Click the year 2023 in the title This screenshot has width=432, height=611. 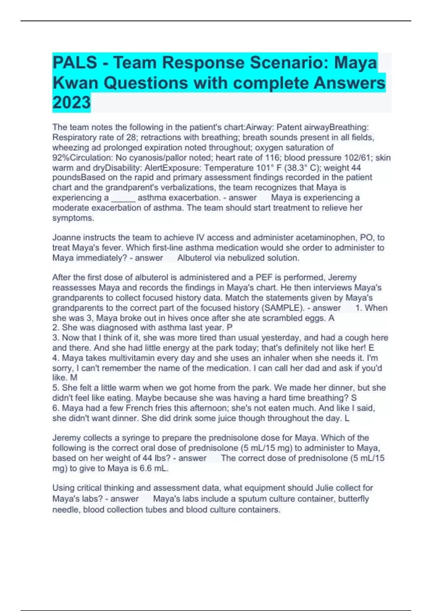pos(71,102)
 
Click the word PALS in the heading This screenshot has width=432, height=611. pos(75,63)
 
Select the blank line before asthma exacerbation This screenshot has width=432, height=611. pos(123,198)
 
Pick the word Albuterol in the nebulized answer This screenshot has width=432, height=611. pos(194,258)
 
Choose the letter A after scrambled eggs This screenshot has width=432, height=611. pos(332,318)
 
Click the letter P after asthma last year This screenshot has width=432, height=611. pos(230,328)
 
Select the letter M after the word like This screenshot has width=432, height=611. pos(74,378)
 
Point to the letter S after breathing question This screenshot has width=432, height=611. pos(354,398)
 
